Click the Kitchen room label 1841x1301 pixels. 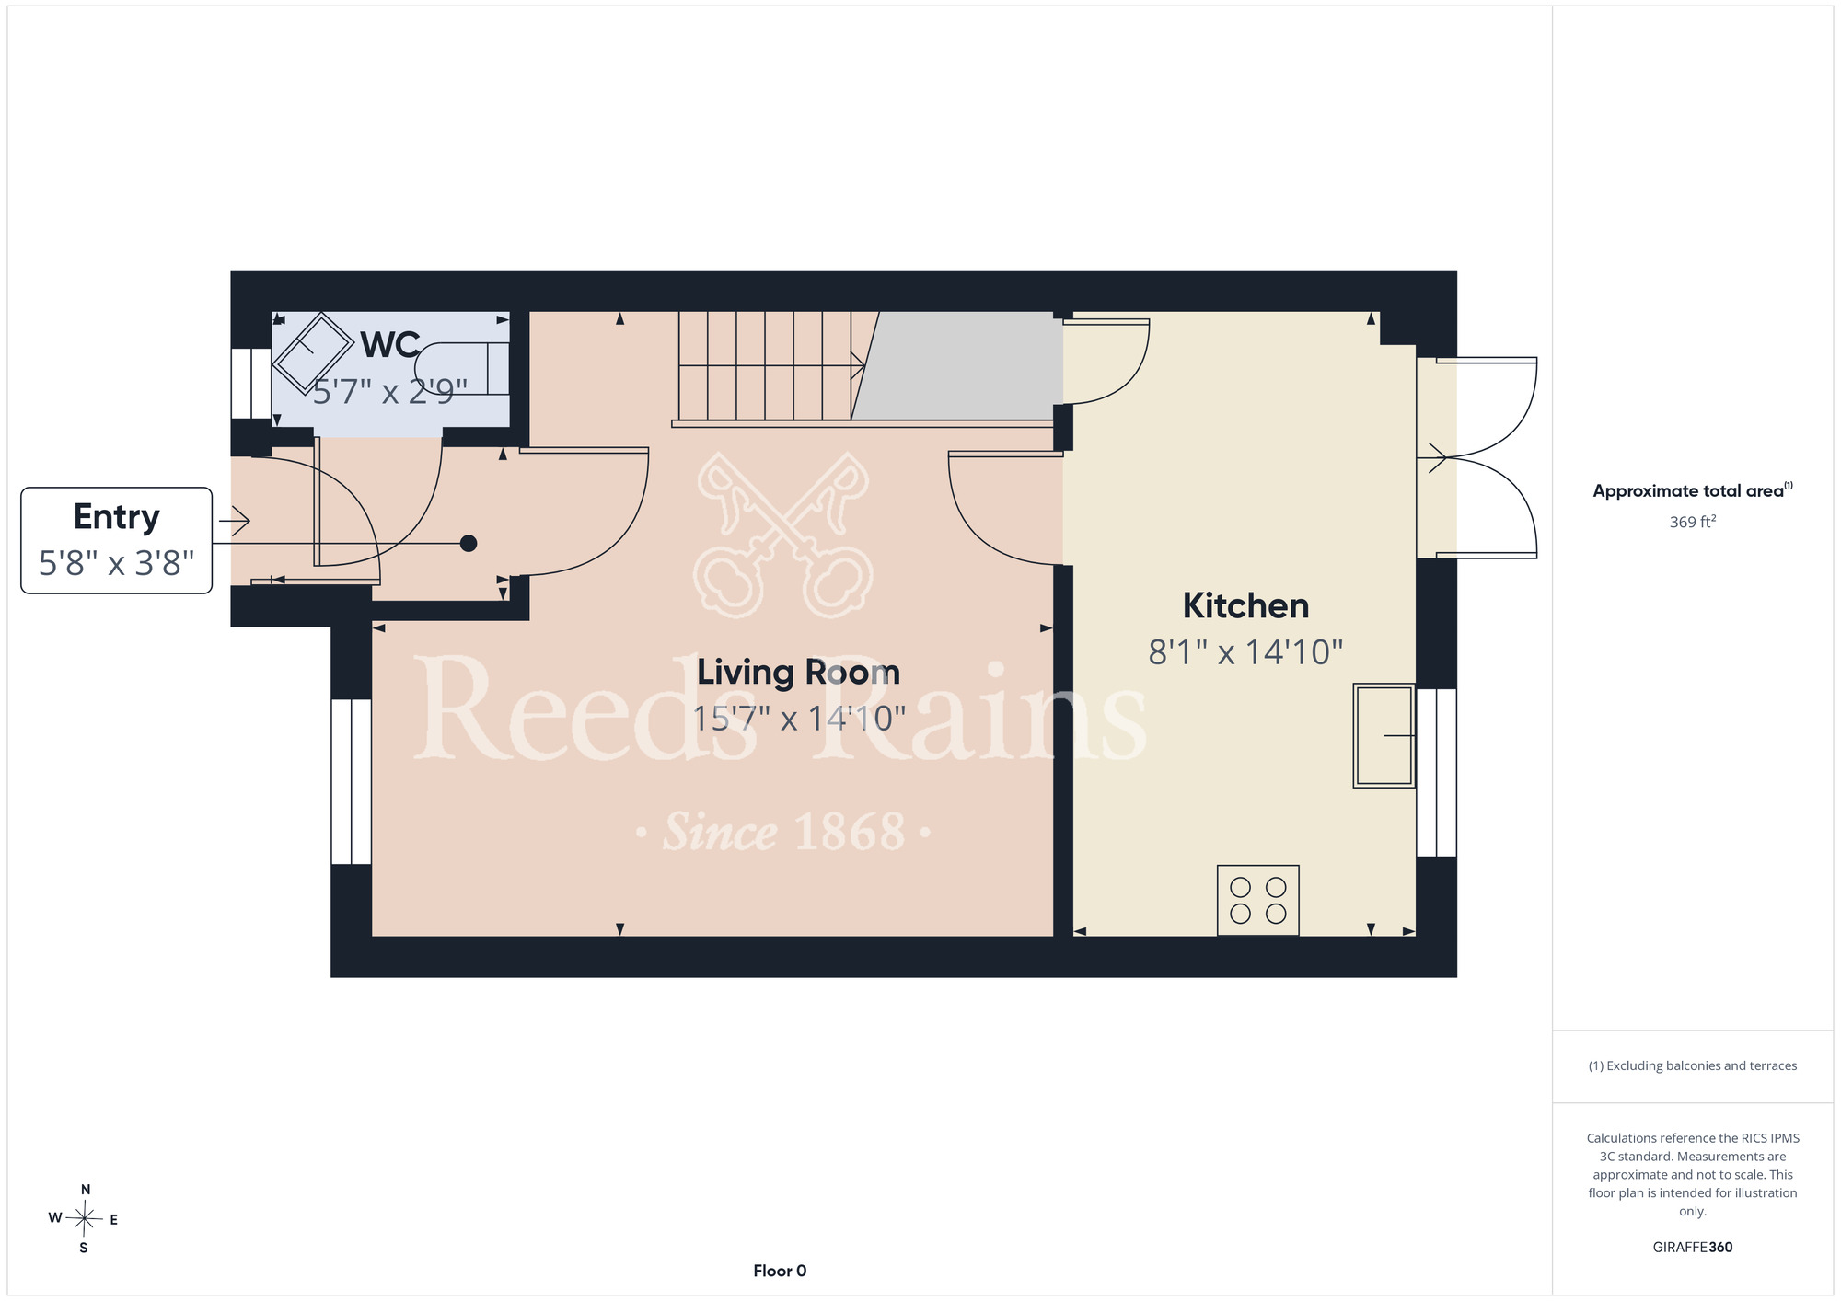1245,606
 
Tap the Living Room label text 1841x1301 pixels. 798,673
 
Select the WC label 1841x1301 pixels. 390,345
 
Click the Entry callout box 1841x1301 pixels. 117,540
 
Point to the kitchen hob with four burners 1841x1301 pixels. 1258,900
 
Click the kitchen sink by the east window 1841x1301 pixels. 1384,735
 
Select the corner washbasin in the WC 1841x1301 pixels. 314,352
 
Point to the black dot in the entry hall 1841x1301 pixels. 469,544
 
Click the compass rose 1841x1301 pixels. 84,1219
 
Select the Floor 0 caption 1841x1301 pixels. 780,1271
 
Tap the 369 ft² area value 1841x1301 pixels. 1693,522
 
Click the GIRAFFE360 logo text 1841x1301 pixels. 1693,1248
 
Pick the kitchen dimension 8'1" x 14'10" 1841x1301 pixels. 1245,652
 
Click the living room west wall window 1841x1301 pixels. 351,781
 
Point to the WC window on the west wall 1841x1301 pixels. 250,383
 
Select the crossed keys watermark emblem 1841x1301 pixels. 783,535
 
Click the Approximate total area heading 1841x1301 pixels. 1693,490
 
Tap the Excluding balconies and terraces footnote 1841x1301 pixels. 1693,1065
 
